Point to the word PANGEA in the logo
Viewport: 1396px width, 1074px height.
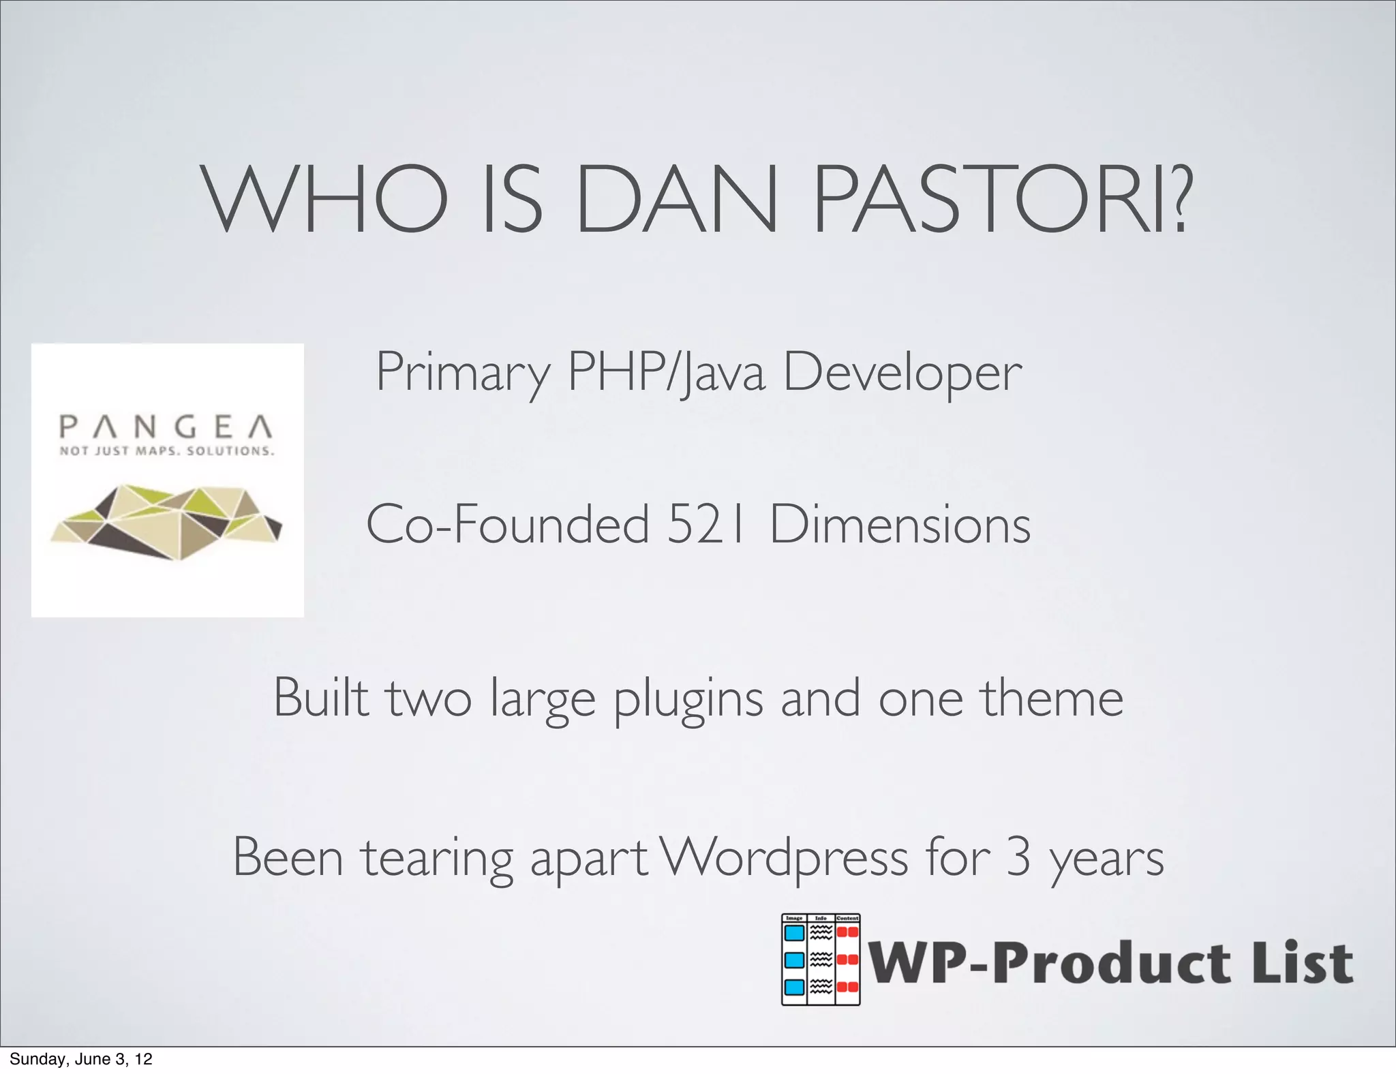[167, 427]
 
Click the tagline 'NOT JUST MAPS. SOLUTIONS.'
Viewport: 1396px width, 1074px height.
[167, 451]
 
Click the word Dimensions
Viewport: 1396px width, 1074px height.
[900, 525]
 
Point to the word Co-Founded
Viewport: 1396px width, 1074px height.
[508, 525]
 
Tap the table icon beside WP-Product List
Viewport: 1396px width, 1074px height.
[821, 960]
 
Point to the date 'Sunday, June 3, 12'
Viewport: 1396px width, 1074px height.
[81, 1059]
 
